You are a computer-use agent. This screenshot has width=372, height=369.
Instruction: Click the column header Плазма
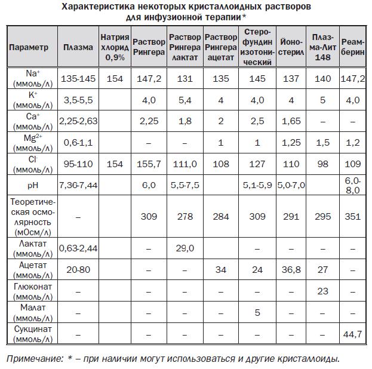[78, 47]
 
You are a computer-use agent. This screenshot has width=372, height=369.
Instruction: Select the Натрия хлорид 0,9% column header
[114, 47]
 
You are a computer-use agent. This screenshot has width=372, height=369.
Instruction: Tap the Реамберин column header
[352, 47]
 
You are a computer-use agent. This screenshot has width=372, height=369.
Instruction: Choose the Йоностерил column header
[291, 47]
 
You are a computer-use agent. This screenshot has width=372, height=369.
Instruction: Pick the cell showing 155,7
[149, 164]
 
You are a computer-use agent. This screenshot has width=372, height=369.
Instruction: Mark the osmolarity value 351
[352, 216]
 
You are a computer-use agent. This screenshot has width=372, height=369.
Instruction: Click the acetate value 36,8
[291, 270]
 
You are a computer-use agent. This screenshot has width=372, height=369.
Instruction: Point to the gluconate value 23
[322, 291]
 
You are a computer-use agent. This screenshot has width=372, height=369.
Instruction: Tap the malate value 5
[258, 312]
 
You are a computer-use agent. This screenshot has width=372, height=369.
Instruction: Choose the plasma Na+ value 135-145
[78, 78]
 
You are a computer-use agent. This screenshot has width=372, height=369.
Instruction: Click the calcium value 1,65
[291, 121]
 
